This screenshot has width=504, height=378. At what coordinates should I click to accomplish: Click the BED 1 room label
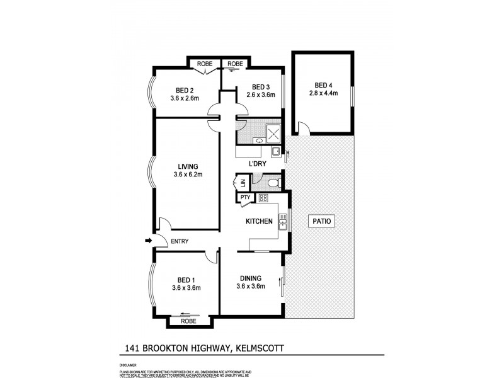click(x=185, y=279)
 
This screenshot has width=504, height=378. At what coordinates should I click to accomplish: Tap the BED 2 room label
click(x=184, y=89)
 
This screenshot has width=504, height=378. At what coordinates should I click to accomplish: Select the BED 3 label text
click(x=260, y=86)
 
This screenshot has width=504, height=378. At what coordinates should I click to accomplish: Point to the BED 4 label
click(x=323, y=85)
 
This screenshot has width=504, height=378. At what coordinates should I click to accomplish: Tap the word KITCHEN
click(x=259, y=221)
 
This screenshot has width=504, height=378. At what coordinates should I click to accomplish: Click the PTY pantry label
click(x=245, y=198)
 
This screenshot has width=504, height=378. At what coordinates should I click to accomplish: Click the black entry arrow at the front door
click(x=149, y=240)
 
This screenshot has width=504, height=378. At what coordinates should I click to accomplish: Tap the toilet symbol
click(x=272, y=183)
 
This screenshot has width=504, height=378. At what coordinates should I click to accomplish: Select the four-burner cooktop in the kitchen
click(x=263, y=198)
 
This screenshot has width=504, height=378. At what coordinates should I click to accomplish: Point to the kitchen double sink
click(x=283, y=220)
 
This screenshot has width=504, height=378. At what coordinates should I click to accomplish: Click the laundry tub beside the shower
click(x=276, y=151)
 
